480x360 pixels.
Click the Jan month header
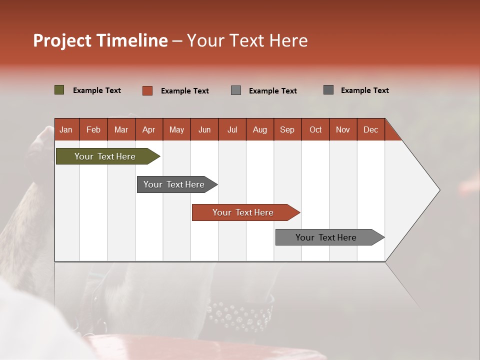66,129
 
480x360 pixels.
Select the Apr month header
149,129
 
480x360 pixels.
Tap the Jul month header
232,129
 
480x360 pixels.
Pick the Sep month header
287,129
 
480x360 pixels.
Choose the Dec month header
370,129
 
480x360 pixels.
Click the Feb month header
93,129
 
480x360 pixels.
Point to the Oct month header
315,129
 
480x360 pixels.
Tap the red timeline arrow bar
243,212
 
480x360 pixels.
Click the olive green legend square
59,90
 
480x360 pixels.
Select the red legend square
147,90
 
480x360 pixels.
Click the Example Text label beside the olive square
97,90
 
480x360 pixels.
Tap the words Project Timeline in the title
100,40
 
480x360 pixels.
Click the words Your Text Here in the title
247,40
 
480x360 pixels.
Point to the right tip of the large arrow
439,190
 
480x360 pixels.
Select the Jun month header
204,129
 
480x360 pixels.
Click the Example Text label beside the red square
185,91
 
